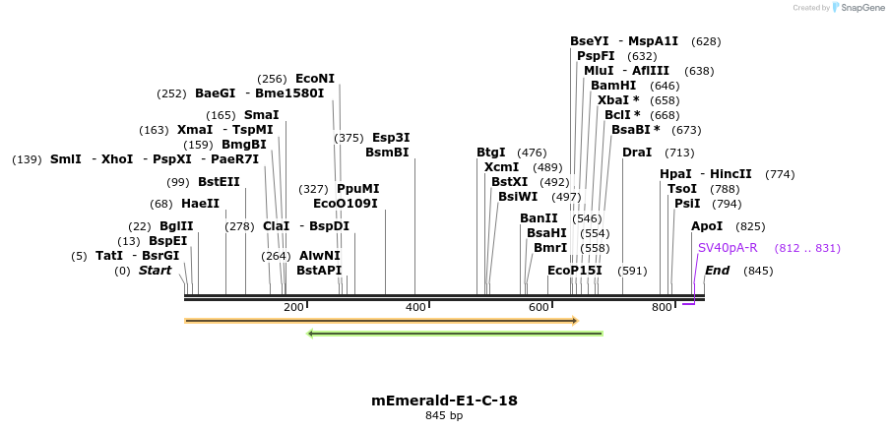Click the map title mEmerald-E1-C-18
pyautogui.click(x=444, y=400)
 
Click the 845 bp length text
pyautogui.click(x=444, y=415)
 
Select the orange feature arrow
pyautogui.click(x=381, y=321)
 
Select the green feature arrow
pyautogui.click(x=455, y=334)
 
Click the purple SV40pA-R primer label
pyautogui.click(x=728, y=248)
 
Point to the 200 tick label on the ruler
pyautogui.click(x=292, y=308)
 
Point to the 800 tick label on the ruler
pyautogui.click(x=662, y=308)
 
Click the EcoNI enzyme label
pyautogui.click(x=315, y=79)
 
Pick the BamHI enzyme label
pyautogui.click(x=613, y=86)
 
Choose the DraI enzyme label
pyautogui.click(x=637, y=153)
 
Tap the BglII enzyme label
pyautogui.click(x=176, y=226)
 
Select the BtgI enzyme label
pyautogui.click(x=490, y=153)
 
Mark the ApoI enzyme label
pyautogui.click(x=707, y=226)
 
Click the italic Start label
pyautogui.click(x=155, y=271)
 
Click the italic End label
pyautogui.click(x=717, y=271)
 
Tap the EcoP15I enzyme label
pyautogui.click(x=574, y=271)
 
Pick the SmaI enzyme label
pyautogui.click(x=261, y=115)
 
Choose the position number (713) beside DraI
pyautogui.click(x=679, y=153)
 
